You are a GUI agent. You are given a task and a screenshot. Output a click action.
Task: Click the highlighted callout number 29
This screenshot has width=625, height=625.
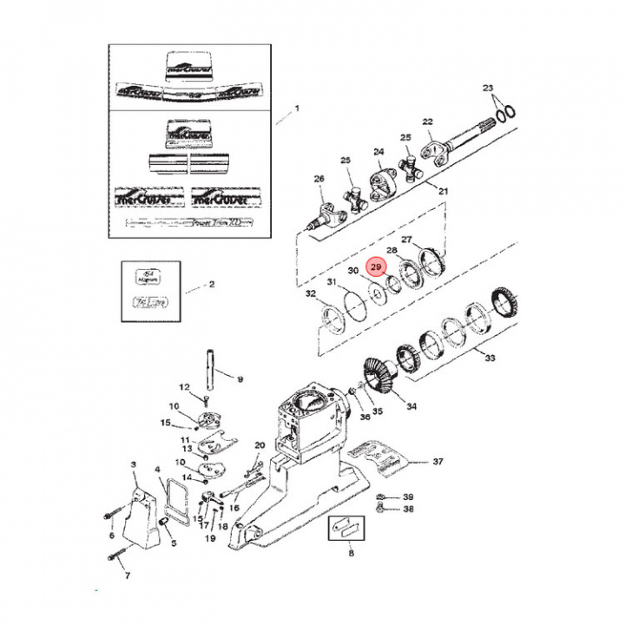(375, 268)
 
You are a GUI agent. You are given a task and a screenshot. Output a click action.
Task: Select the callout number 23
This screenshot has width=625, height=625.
(487, 89)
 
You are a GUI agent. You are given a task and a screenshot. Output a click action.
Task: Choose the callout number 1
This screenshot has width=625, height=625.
(296, 109)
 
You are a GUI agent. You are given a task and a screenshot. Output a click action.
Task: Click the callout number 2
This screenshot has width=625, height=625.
(211, 284)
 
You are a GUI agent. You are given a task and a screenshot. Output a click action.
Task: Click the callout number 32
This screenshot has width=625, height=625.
(311, 295)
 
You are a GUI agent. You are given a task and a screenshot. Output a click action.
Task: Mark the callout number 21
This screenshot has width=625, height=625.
(443, 191)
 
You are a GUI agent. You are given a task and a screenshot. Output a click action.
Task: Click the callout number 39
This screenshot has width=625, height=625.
(408, 496)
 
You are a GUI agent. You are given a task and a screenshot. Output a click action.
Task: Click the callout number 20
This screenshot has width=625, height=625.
(259, 445)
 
